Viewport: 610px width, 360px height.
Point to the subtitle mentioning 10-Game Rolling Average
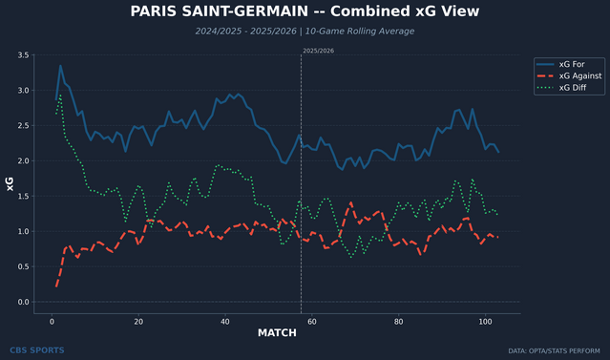pyautogui.click(x=305, y=31)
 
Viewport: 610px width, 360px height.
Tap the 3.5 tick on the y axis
pyautogui.click(x=23, y=55)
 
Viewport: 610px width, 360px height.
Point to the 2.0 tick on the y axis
pyautogui.click(x=23, y=161)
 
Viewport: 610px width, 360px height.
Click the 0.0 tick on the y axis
pyautogui.click(x=23, y=302)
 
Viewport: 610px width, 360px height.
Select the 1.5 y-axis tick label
pyautogui.click(x=23, y=197)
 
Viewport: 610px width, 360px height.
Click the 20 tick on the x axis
pyautogui.click(x=138, y=322)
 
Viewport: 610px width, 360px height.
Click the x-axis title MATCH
pyautogui.click(x=277, y=333)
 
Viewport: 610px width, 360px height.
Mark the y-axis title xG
pyautogui.click(x=10, y=183)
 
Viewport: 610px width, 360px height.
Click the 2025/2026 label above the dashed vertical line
pyautogui.click(x=318, y=50)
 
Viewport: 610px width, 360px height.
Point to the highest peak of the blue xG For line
pyautogui.click(x=60, y=66)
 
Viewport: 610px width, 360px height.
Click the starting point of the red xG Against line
pyautogui.click(x=57, y=286)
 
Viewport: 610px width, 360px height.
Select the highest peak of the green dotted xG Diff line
pyautogui.click(x=60, y=95)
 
